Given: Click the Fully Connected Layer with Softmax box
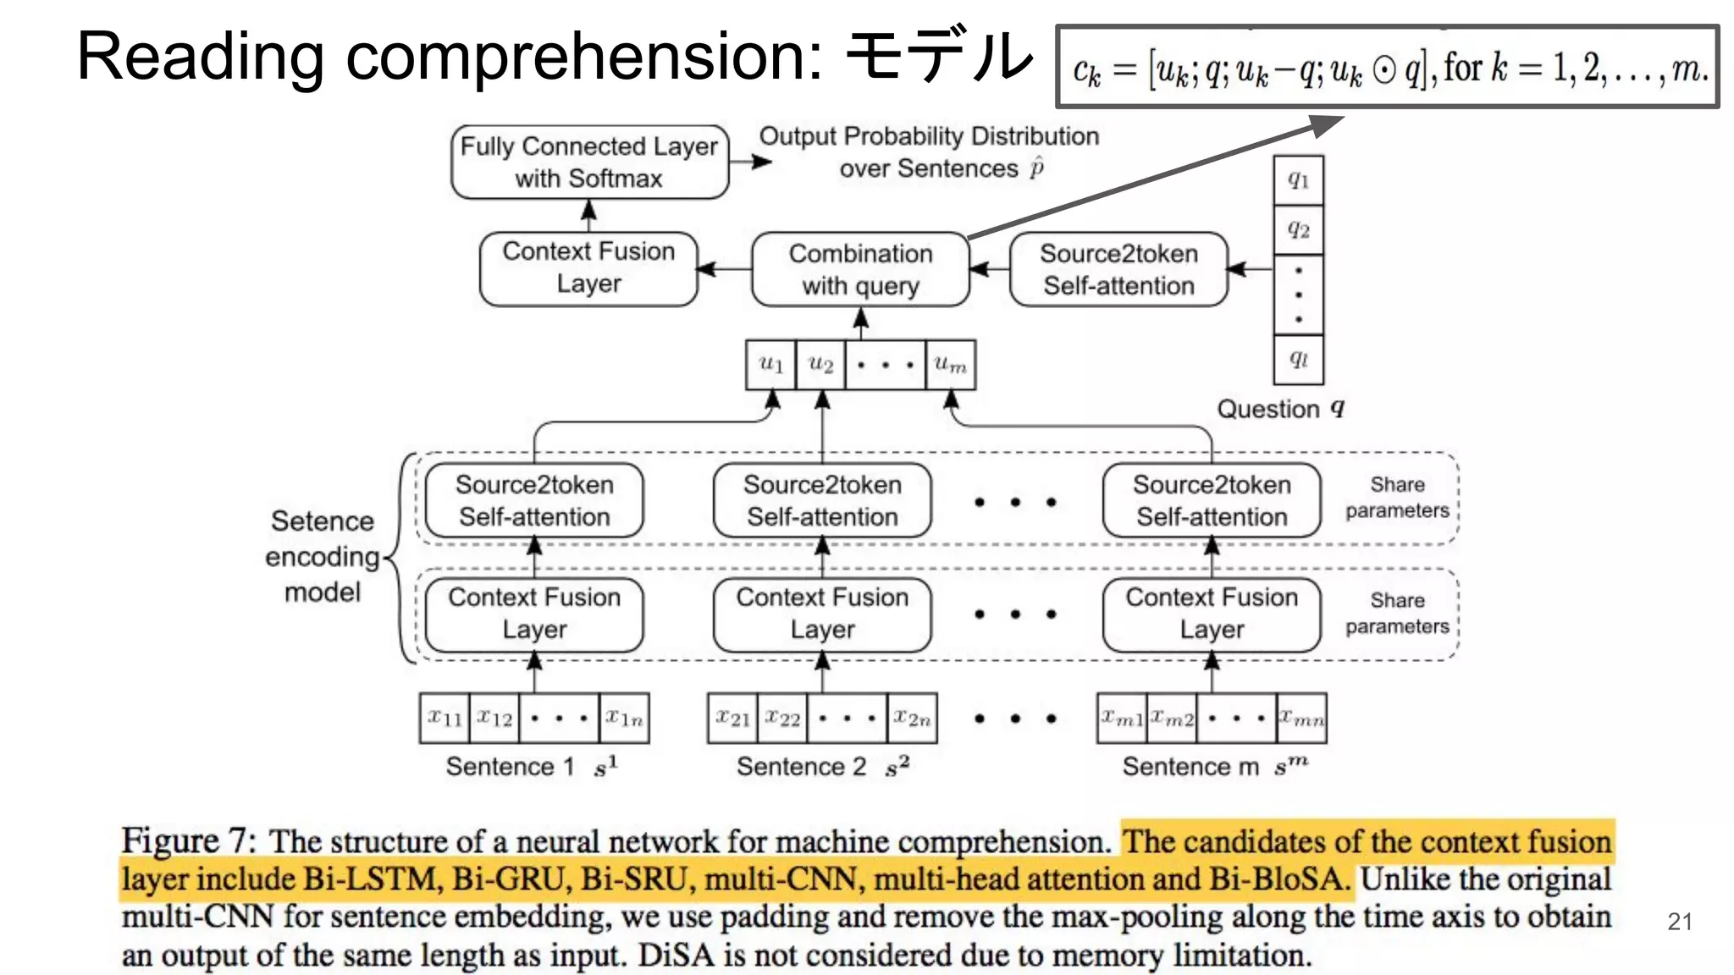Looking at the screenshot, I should coord(589,162).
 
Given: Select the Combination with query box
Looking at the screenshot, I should coord(860,269).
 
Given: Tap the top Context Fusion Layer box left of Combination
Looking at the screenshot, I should coord(588,268).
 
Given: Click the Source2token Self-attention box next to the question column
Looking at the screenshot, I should coord(1118,269).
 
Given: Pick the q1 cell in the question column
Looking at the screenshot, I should coord(1298,179).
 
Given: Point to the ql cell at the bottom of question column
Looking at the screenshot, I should coord(1298,359).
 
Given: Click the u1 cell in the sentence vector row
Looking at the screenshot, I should coord(770,365).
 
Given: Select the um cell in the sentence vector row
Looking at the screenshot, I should coord(950,365).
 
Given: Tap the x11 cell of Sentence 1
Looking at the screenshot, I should coord(445,719).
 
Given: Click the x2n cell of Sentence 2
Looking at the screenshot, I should coord(912,719).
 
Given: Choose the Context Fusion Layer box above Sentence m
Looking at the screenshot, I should coord(1212,614).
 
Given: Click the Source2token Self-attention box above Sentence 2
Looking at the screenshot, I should coord(822,500).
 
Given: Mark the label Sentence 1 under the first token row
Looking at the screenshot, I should coord(510,767).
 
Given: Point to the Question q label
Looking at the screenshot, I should coord(1279,410).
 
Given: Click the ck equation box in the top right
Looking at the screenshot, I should coord(1387,68).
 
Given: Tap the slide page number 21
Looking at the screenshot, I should coord(1680,922).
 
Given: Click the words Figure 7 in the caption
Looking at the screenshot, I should coord(186,841).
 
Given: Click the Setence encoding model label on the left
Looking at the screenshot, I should coord(323,556).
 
